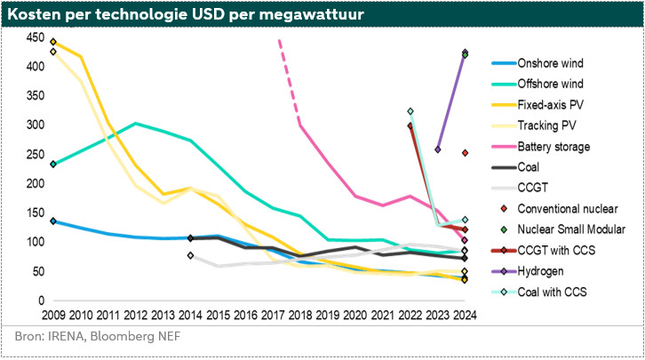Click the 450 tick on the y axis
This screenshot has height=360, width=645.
36,37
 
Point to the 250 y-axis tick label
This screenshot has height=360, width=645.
36,155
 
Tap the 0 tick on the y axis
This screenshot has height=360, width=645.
41,300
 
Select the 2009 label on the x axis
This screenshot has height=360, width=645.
53,315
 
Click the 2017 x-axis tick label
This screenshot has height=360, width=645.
272,315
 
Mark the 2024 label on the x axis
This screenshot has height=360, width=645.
463,315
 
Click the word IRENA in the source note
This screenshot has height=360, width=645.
68,339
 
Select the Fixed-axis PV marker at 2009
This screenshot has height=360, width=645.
53,42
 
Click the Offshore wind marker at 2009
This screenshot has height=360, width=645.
53,164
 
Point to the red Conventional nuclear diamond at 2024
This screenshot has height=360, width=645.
464,153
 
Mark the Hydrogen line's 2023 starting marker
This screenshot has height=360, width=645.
437,149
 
